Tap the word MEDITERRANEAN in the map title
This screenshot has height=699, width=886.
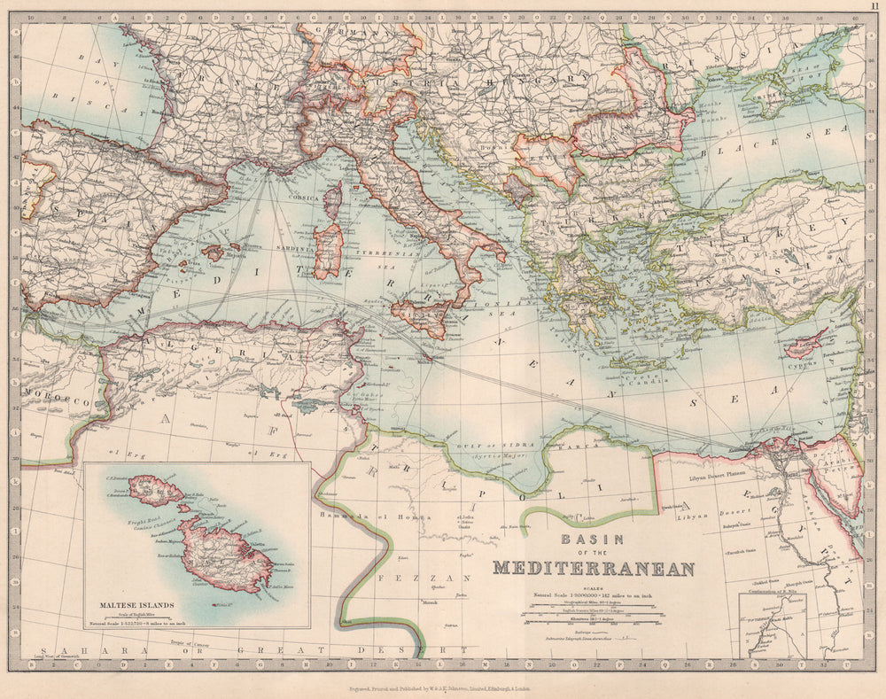click(594, 569)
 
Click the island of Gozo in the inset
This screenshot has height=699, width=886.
click(152, 489)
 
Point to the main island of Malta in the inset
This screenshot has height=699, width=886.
click(226, 556)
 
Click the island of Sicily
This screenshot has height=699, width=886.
click(420, 317)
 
